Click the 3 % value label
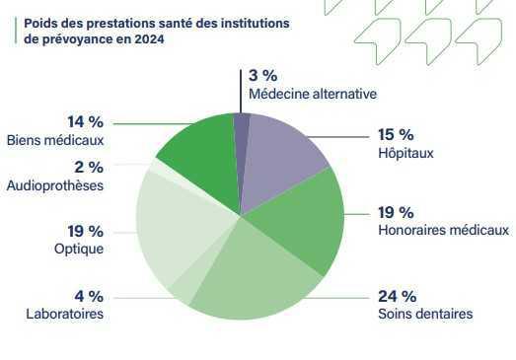point(262,76)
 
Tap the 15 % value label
point(396,135)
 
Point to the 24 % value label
point(397,296)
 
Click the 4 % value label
point(89,296)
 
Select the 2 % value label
point(89,168)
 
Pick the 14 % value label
point(85,121)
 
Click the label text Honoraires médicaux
point(443,231)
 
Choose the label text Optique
point(79,250)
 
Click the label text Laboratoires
point(65,314)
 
